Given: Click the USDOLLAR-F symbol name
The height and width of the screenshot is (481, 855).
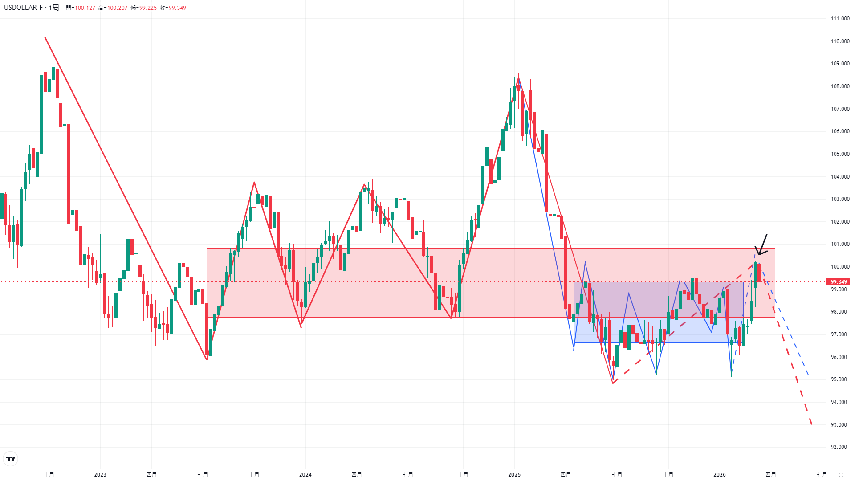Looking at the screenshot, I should coord(24,8).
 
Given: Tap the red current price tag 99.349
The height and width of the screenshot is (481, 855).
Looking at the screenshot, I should coord(838,282).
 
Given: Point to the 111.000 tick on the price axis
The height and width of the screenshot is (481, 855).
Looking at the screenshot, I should coord(840,19).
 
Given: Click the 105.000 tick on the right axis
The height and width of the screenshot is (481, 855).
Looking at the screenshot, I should coord(840,154).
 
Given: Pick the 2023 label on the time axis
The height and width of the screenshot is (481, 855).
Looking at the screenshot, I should coord(100,475).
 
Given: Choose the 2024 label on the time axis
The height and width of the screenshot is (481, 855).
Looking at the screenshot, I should coord(305,475).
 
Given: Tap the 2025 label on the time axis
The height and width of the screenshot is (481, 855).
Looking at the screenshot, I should coord(514,475).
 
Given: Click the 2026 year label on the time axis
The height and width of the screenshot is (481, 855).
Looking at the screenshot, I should coord(720,475).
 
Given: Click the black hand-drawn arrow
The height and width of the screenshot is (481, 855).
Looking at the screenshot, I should coord(761,246).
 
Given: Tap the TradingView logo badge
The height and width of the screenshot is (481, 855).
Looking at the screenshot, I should coord(11,459).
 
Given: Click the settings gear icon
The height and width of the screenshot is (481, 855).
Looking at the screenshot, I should coord(841,475).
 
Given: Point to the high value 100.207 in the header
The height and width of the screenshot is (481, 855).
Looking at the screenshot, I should coord(117,8).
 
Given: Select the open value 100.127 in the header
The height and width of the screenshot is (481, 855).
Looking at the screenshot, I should coord(85,8).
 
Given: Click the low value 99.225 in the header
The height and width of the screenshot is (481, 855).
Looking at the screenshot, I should coord(148,8).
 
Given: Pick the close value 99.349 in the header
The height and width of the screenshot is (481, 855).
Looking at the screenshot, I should coord(177,8).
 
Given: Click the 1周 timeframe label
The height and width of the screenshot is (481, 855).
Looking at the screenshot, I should coord(53,8).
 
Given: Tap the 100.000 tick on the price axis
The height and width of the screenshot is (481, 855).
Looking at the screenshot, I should coord(840,267).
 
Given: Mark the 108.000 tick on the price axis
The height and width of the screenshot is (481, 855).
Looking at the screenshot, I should coord(840,86).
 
